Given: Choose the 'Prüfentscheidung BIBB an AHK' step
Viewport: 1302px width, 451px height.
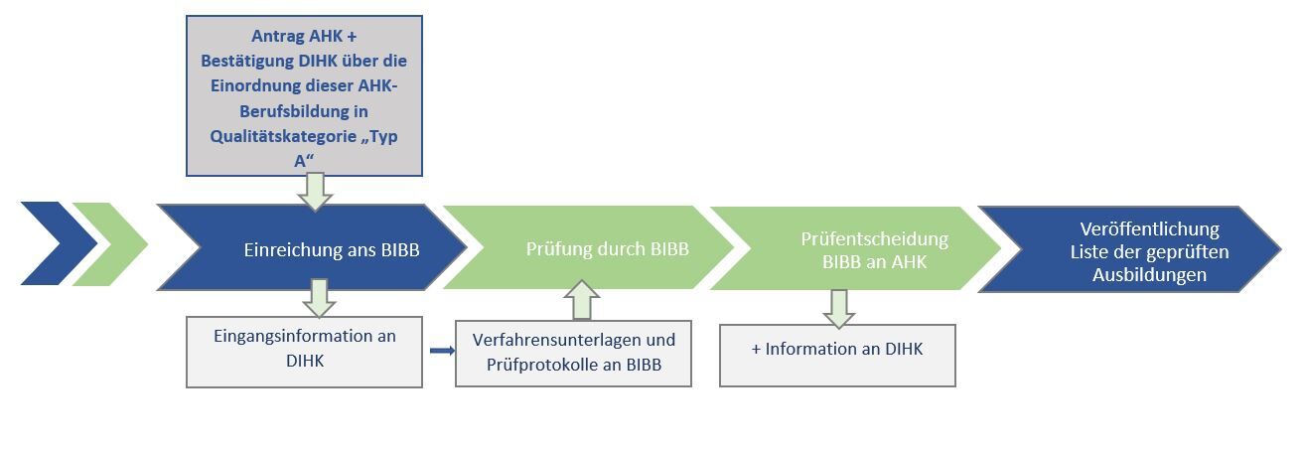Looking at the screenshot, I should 860,249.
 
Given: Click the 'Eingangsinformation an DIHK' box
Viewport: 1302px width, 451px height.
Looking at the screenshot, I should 304,351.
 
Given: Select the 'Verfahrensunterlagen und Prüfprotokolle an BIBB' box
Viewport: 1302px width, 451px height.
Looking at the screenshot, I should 573,353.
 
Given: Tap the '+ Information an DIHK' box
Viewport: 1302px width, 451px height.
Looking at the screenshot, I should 836,355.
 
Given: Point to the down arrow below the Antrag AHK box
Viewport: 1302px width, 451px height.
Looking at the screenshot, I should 315,192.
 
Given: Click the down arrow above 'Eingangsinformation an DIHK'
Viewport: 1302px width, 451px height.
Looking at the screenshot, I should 319,298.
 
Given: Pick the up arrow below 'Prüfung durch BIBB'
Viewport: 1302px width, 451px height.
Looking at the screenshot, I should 581,299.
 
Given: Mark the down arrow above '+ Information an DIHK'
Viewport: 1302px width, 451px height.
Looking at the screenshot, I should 838,308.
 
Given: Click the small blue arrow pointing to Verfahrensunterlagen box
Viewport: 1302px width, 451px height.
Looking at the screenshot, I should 442,350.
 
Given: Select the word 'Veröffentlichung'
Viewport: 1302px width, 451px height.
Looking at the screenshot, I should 1149,229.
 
